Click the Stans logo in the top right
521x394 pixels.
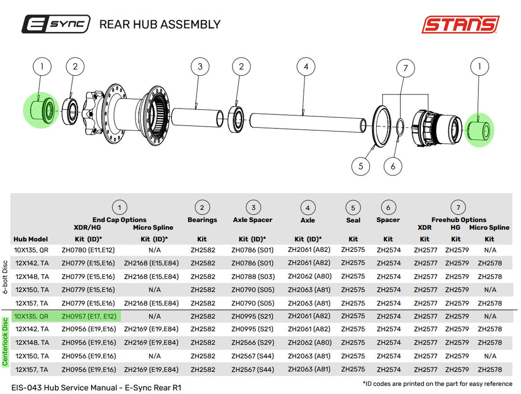pos(461,24)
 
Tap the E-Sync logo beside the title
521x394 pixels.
pos(56,24)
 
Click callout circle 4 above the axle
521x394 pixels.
pos(306,67)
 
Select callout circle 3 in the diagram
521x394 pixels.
pos(200,67)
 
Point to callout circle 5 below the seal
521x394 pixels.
pos(361,166)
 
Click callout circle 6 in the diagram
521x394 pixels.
pos(393,166)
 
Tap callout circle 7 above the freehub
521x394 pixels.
pos(405,68)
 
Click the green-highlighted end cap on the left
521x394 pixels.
pos(41,110)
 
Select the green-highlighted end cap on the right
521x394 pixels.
pos(479,130)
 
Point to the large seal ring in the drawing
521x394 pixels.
pos(382,126)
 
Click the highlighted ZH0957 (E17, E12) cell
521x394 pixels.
pos(89,316)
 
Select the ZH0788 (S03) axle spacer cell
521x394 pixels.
pos(253,276)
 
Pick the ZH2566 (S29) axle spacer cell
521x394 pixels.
pos(252,342)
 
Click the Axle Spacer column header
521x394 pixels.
pos(252,220)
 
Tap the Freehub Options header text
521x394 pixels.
pos(459,220)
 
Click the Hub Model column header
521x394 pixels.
pos(30,239)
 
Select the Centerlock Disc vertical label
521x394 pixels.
pos(5,342)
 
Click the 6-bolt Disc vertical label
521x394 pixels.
pos(5,277)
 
